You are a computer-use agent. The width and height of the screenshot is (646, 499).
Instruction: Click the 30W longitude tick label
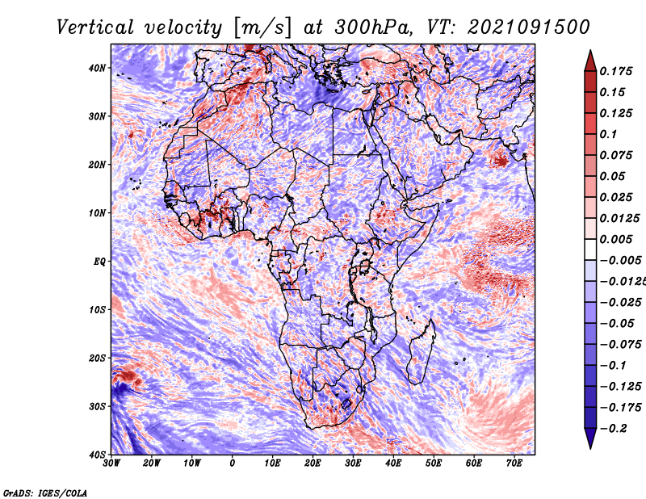point(111,463)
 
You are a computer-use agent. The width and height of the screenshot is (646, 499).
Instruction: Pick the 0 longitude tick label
point(233,463)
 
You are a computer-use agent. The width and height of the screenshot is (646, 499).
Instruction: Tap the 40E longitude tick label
point(393,463)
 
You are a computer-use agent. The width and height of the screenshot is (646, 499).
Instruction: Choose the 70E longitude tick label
point(514,463)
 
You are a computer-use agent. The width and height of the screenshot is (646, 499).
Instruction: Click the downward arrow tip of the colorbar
point(590,446)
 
